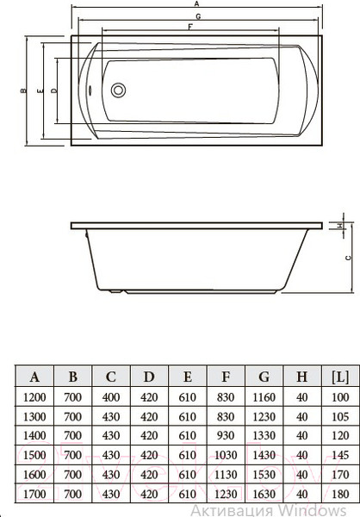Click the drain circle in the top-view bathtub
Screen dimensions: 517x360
pyautogui.click(x=119, y=90)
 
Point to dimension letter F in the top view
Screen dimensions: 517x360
pyautogui.click(x=189, y=28)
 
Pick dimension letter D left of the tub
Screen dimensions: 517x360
pyautogui.click(x=53, y=90)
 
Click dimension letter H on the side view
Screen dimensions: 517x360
pyautogui.click(x=341, y=226)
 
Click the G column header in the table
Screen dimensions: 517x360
pyautogui.click(x=264, y=377)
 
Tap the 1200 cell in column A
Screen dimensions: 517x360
pyautogui.click(x=35, y=397)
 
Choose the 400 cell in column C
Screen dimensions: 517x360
pyautogui.click(x=110, y=397)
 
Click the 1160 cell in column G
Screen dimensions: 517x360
pyautogui.click(x=264, y=397)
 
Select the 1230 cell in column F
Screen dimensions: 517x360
pyautogui.click(x=226, y=494)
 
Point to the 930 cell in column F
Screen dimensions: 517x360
pyautogui.click(x=226, y=436)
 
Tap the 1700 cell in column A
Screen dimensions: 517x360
pyautogui.click(x=35, y=494)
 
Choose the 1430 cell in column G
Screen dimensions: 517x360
pyautogui.click(x=264, y=455)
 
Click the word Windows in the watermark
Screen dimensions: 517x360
pyautogui.click(x=326, y=509)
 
